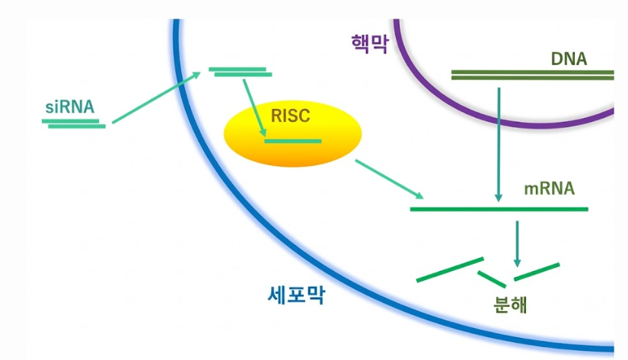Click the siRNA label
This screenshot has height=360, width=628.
[70, 107]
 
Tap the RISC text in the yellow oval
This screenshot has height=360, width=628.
[290, 116]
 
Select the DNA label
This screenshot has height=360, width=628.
[569, 59]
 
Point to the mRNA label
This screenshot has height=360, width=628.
[549, 188]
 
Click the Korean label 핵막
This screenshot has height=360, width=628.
[370, 43]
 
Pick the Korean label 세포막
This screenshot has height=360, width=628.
[296, 295]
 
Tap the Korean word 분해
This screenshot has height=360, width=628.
[510, 304]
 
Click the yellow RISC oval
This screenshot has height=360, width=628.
[292, 133]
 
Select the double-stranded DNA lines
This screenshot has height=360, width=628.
[532, 75]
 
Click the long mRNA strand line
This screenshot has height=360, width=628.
[499, 209]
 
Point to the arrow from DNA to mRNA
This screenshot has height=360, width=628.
[499, 144]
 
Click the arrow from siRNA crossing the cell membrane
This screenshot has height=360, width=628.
[156, 97]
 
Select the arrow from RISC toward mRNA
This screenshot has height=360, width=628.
[389, 179]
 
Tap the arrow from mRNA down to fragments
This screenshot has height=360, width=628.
[517, 244]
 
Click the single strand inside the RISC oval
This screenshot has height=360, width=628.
[293, 141]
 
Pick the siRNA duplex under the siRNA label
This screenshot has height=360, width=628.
[74, 124]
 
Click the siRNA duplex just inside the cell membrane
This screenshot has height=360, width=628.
[241, 72]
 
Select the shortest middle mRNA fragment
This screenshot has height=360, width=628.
[492, 279]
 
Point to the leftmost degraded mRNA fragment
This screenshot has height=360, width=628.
[450, 270]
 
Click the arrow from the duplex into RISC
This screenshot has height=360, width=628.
[254, 108]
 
